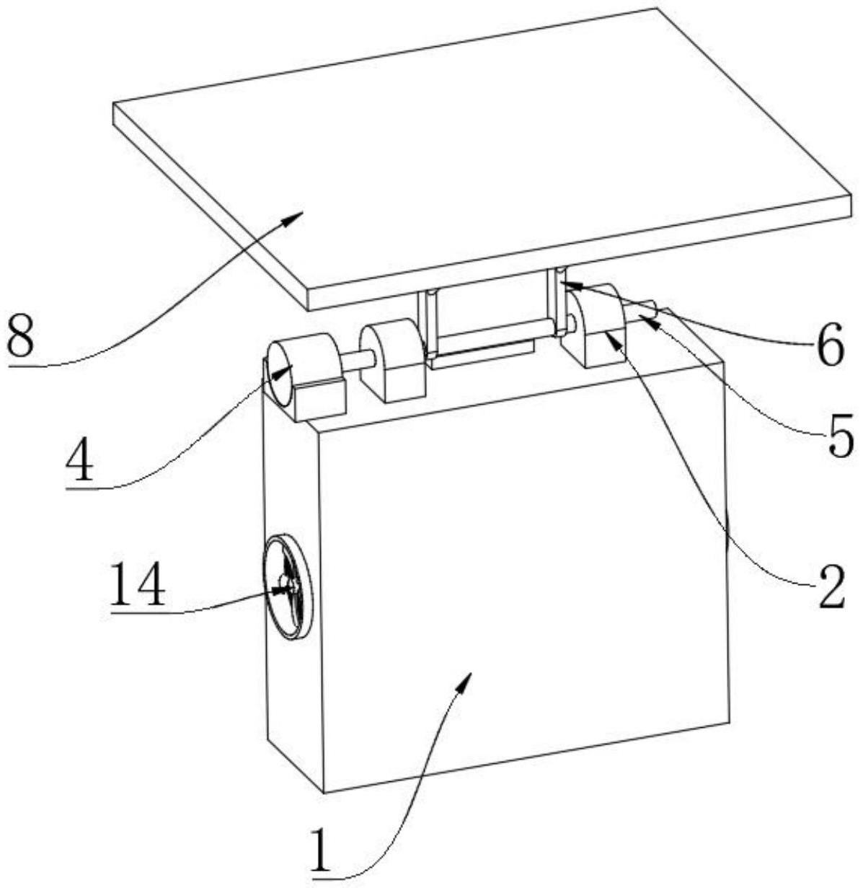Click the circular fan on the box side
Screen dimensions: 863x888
288,586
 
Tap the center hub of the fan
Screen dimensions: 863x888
291,587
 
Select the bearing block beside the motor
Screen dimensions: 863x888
393,361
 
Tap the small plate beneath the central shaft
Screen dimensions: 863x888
479,355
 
